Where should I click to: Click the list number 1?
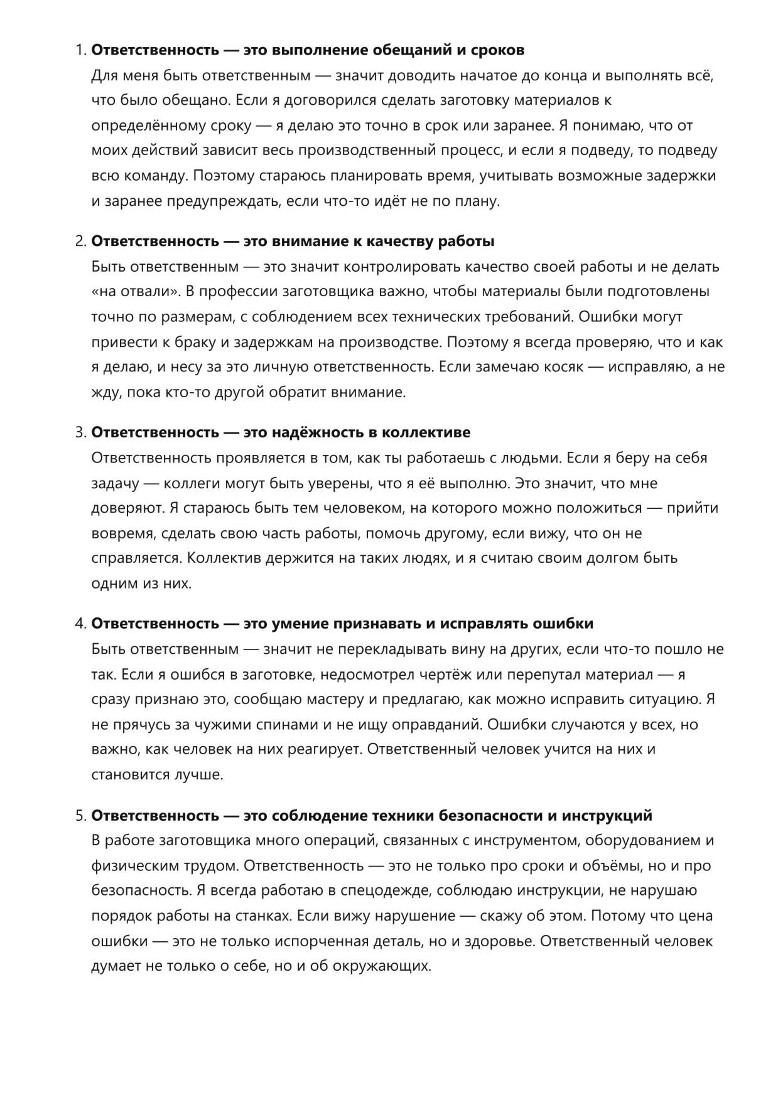coord(80,50)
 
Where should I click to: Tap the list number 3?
coord(80,432)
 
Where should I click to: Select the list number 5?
coord(80,815)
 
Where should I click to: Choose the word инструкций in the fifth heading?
coord(606,815)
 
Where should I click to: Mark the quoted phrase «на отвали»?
coord(134,292)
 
